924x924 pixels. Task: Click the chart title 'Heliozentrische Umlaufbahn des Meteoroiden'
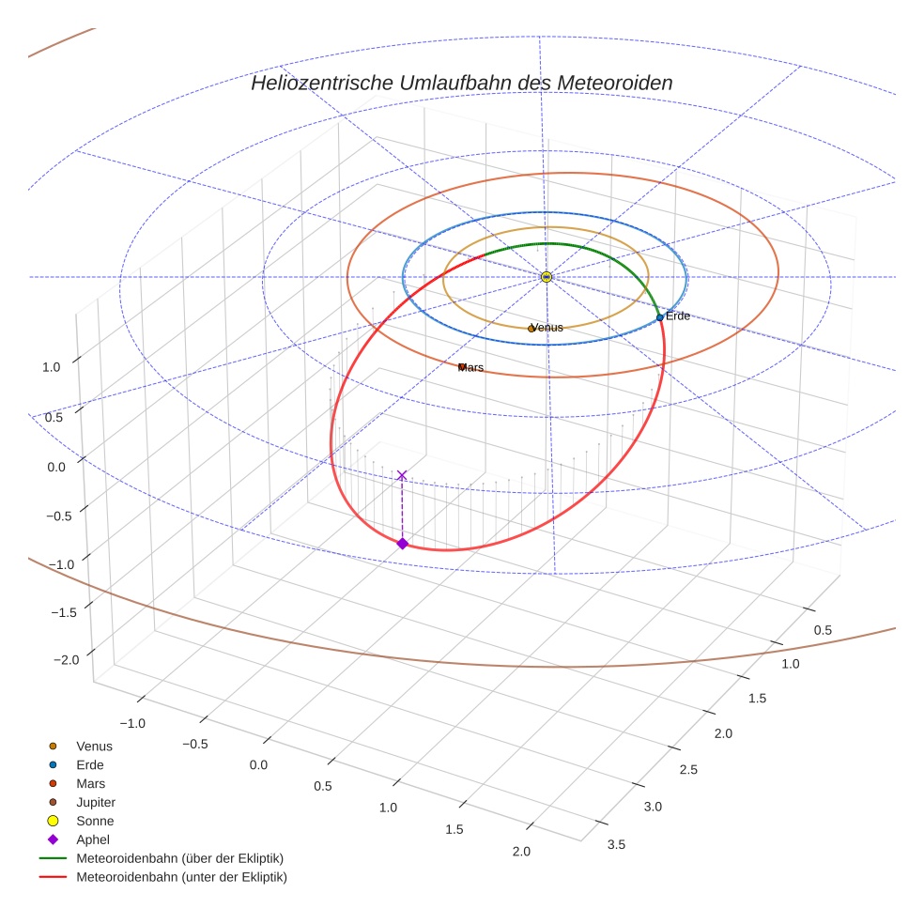[461, 83]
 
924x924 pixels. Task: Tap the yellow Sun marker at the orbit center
[547, 277]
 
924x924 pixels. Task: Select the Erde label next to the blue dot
[677, 316]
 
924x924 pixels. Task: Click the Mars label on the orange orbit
[470, 368]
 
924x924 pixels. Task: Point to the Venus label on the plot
[547, 328]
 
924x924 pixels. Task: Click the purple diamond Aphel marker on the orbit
[402, 544]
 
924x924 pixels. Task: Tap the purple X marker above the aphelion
[402, 475]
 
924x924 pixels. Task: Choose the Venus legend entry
[94, 746]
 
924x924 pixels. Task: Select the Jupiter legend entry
[96, 802]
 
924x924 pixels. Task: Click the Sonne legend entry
[95, 821]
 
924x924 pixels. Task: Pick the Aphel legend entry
[92, 839]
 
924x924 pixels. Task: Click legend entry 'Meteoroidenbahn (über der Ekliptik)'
[179, 858]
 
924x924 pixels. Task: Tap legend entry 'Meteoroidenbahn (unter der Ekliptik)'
[181, 877]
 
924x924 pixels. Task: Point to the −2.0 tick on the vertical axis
[67, 660]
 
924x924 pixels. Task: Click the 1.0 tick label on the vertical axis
[52, 367]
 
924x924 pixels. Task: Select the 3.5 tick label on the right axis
[617, 844]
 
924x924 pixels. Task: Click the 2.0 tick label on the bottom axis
[521, 852]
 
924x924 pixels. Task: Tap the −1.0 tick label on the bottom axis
[132, 723]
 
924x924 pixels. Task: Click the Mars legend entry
[91, 783]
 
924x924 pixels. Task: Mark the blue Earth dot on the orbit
[659, 317]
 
